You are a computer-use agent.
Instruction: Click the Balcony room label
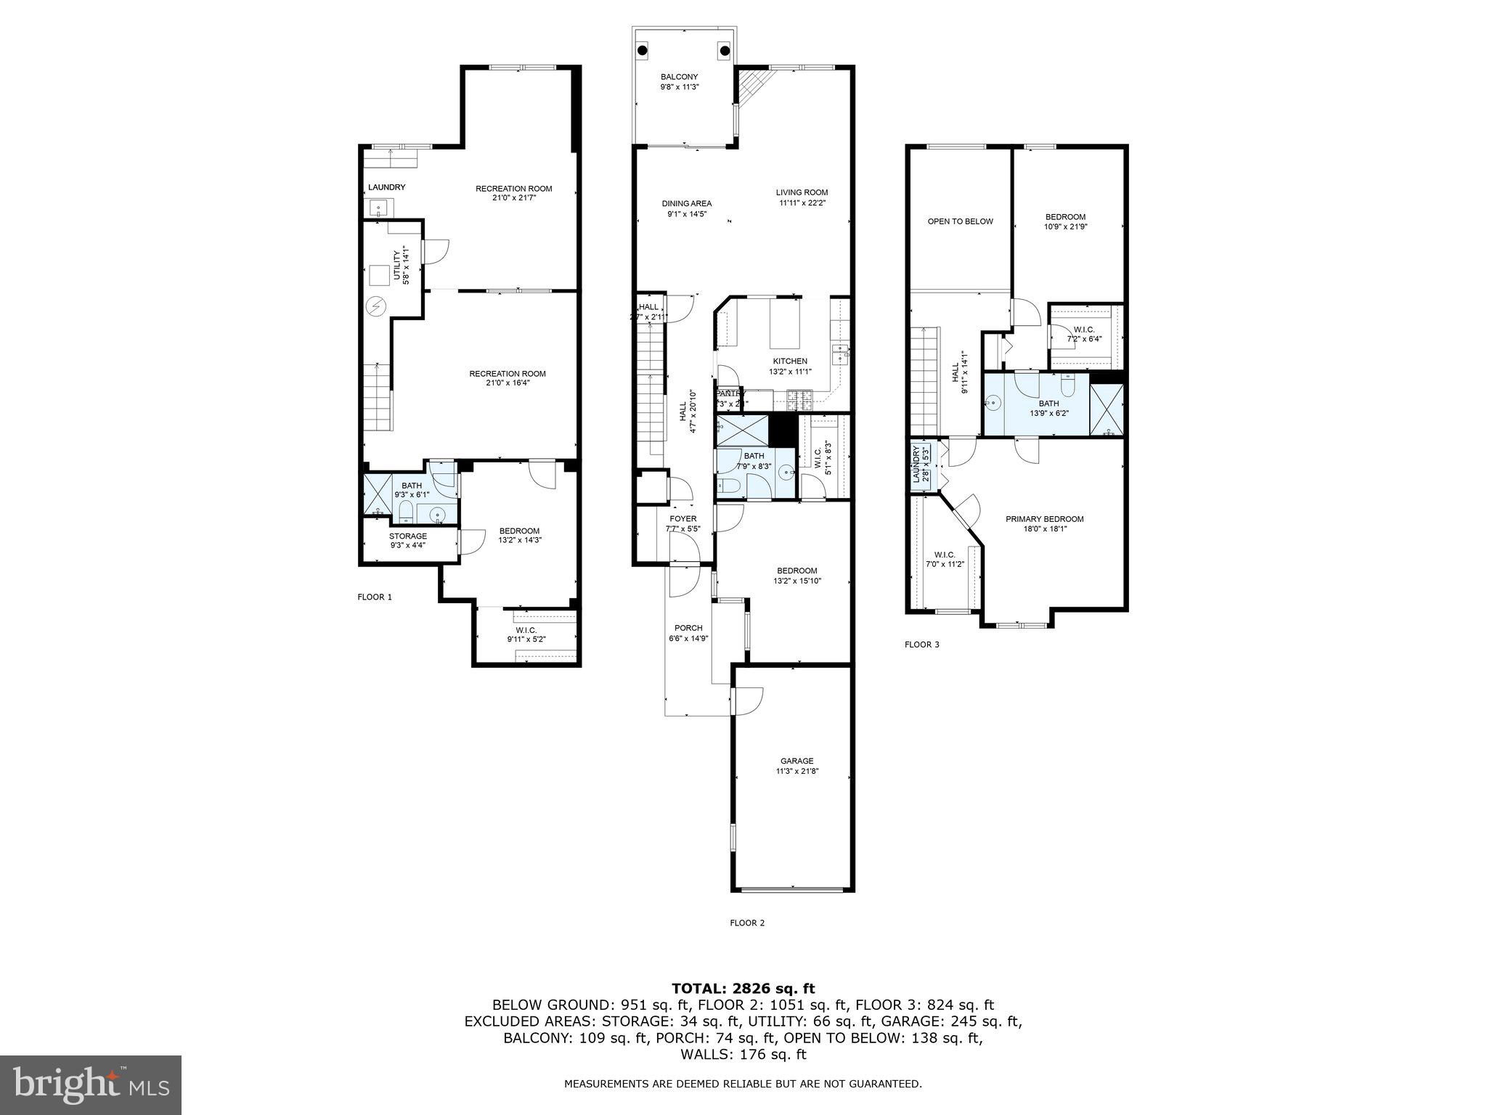[679, 77]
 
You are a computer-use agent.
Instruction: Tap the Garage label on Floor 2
[797, 761]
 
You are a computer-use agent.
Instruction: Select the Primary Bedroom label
[1044, 519]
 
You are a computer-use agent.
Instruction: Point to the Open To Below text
[960, 221]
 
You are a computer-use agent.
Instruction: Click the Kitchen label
[790, 361]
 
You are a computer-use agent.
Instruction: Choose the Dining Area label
[686, 203]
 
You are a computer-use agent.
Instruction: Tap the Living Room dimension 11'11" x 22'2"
[802, 203]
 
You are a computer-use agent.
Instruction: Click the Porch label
[688, 628]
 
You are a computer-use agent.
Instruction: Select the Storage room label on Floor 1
[407, 536]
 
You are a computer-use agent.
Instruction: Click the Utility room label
[396, 265]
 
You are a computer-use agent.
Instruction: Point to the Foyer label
[683, 518]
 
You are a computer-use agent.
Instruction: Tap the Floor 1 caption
[375, 597]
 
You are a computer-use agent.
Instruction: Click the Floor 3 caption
[922, 645]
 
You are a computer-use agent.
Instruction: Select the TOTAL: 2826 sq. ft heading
[743, 988]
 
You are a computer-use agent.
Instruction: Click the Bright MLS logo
[91, 1085]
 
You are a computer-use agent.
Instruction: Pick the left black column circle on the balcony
[643, 50]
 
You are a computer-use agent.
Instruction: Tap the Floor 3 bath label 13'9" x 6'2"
[1048, 413]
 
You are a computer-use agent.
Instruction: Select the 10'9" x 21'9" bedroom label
[1065, 226]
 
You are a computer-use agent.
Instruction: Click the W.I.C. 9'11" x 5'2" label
[526, 640]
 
